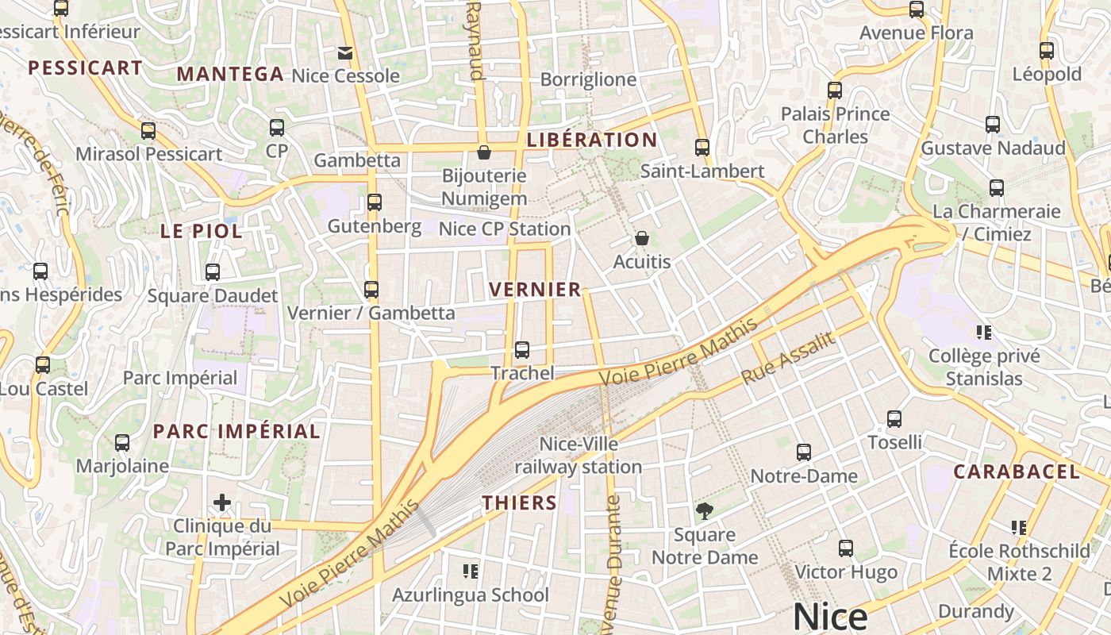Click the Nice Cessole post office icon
click(x=345, y=53)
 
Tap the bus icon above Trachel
click(x=522, y=349)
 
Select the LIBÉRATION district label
click(x=592, y=140)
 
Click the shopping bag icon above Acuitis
click(x=642, y=238)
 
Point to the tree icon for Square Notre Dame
click(x=704, y=510)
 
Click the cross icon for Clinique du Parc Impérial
click(x=222, y=502)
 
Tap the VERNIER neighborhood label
click(x=536, y=290)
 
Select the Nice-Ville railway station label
click(x=579, y=455)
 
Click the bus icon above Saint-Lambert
click(x=702, y=147)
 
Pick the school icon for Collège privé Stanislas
click(x=984, y=332)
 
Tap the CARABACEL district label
click(x=1017, y=472)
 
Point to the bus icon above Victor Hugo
click(x=846, y=548)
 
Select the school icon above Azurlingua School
click(x=471, y=571)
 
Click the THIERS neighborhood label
click(x=520, y=502)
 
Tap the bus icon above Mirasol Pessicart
click(x=148, y=131)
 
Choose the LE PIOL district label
click(x=202, y=232)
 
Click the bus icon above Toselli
click(x=894, y=418)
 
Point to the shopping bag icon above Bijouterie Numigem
click(x=484, y=152)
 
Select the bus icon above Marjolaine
click(x=122, y=442)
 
